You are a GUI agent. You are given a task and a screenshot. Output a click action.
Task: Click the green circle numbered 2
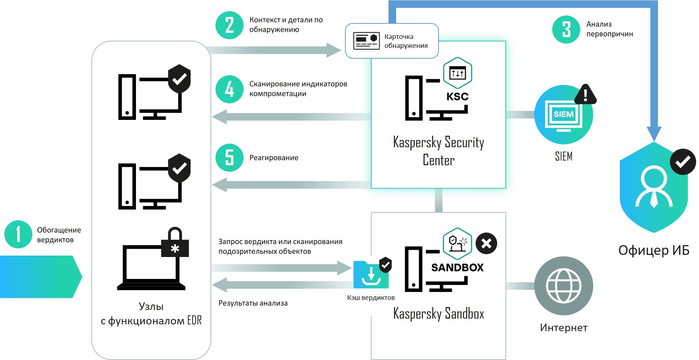click(230, 25)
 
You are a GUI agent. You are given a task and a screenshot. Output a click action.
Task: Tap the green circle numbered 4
click(230, 89)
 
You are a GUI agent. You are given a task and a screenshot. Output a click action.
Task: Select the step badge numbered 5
click(230, 158)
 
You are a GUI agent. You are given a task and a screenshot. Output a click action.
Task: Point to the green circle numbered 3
click(566, 30)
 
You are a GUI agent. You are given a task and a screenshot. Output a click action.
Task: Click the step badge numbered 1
click(18, 234)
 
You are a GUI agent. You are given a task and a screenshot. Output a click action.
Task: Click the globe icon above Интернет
click(563, 286)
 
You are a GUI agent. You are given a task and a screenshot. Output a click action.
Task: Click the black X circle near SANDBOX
click(486, 244)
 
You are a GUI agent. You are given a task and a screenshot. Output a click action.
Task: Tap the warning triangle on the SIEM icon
click(585, 95)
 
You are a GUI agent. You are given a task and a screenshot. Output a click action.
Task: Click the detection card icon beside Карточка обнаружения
click(367, 41)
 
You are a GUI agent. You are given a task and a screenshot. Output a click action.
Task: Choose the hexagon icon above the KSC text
click(458, 73)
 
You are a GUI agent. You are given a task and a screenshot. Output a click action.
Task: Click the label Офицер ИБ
click(654, 250)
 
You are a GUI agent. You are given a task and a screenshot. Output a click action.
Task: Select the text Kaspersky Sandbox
click(439, 314)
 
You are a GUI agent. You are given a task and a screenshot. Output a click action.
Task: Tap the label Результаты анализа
click(253, 303)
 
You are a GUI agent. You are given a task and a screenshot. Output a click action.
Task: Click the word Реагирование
click(274, 158)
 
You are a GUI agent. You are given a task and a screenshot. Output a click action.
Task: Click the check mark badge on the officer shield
click(682, 162)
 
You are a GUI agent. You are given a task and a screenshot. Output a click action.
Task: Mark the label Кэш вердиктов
click(371, 298)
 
